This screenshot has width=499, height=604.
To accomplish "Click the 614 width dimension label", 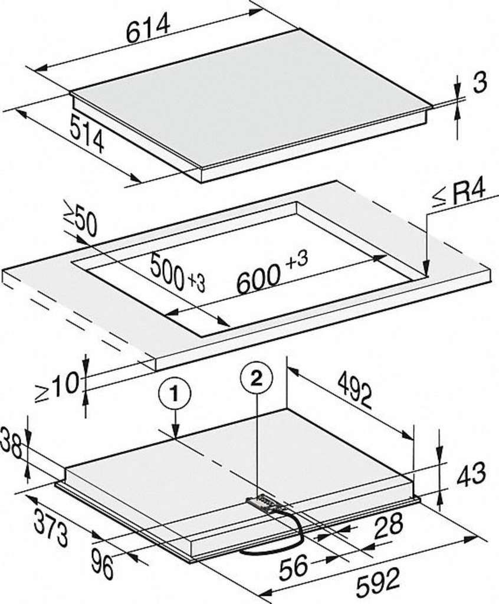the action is (149, 28).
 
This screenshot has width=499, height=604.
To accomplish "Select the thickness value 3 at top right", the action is (480, 83).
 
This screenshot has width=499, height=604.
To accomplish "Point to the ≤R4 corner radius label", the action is (458, 195).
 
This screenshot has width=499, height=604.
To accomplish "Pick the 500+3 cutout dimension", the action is (178, 273).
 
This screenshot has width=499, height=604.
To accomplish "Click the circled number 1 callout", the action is (175, 395).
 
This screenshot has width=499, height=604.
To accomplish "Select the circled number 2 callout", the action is (256, 379).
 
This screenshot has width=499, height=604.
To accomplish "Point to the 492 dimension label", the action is (354, 392).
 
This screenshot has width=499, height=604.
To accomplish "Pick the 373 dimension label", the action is (50, 528).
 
